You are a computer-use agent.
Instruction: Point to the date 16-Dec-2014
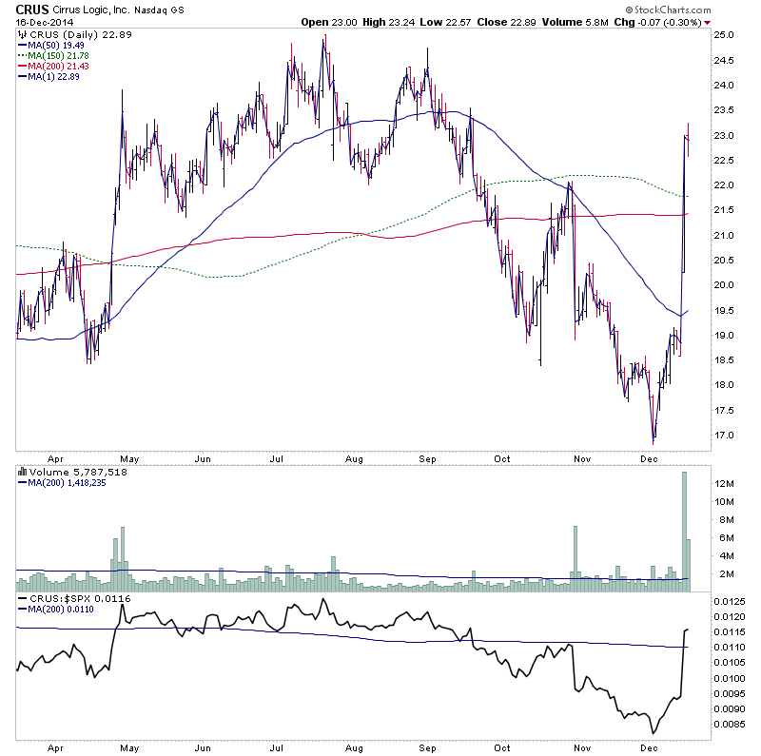[x=44, y=22]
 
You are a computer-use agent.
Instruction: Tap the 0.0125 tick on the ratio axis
[x=733, y=602]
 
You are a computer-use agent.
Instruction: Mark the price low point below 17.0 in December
[x=654, y=440]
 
